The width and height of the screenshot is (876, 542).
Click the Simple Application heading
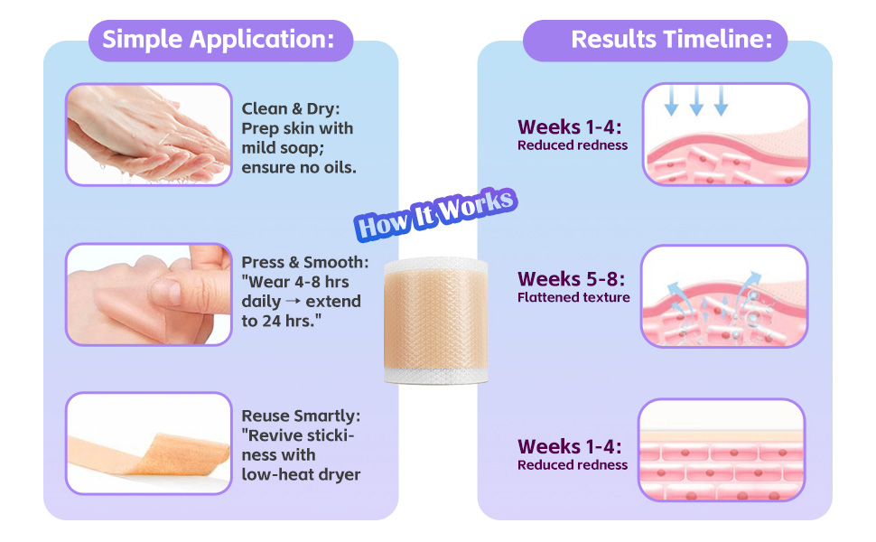(x=219, y=40)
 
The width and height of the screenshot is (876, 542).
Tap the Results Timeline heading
(x=672, y=40)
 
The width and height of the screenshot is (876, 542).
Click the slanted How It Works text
(x=436, y=214)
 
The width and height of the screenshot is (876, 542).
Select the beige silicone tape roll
(x=436, y=320)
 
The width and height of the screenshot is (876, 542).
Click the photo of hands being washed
(x=149, y=134)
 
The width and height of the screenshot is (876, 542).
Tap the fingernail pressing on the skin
(x=165, y=291)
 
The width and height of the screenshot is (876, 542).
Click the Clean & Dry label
(x=291, y=108)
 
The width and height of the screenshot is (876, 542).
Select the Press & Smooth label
(x=305, y=262)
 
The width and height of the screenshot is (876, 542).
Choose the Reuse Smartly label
(x=301, y=416)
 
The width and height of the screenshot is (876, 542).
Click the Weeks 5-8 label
(x=571, y=279)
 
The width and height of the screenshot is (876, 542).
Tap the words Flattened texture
(x=573, y=297)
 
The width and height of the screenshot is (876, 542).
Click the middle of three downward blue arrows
(x=696, y=100)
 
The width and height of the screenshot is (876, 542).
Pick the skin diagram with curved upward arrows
(x=724, y=296)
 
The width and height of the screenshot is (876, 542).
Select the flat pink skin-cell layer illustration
(x=722, y=450)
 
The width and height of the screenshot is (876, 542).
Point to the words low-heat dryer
(x=301, y=475)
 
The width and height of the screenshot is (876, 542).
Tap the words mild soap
(x=283, y=148)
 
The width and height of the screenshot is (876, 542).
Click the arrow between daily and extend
(x=294, y=302)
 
